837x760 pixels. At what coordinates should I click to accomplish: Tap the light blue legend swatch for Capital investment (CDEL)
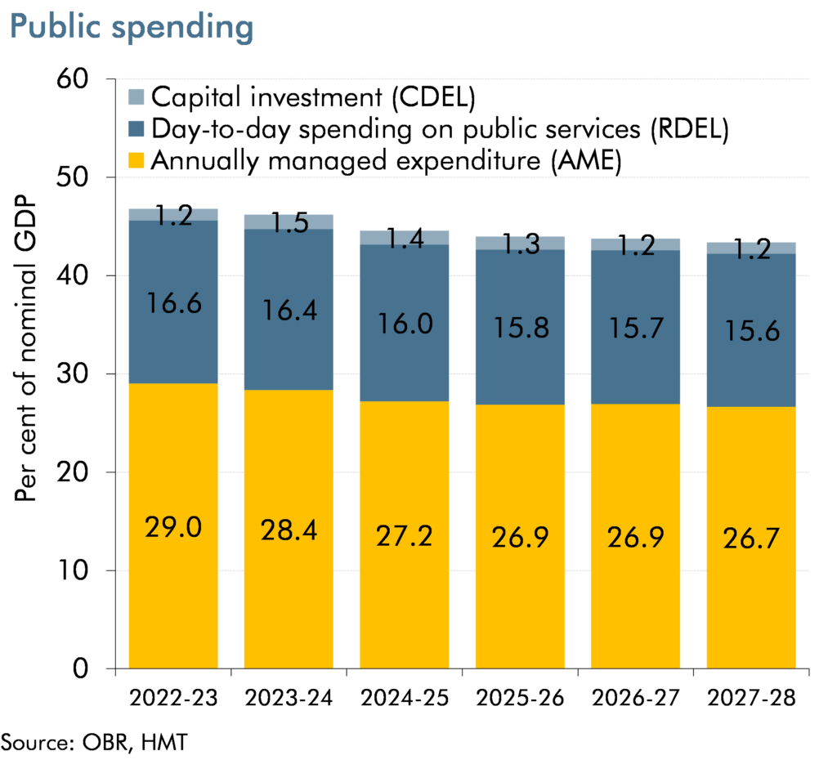pyautogui.click(x=137, y=98)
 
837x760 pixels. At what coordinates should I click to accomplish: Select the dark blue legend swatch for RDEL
pyautogui.click(x=137, y=129)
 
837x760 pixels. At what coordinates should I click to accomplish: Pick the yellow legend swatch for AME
pyautogui.click(x=137, y=161)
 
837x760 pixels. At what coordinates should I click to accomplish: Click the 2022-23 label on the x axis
pyautogui.click(x=173, y=700)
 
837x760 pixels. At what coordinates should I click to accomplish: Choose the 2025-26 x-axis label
pyautogui.click(x=520, y=700)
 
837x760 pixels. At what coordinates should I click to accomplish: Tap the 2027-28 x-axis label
pyautogui.click(x=751, y=700)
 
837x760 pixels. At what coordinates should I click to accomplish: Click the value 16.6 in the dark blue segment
pyautogui.click(x=173, y=305)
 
